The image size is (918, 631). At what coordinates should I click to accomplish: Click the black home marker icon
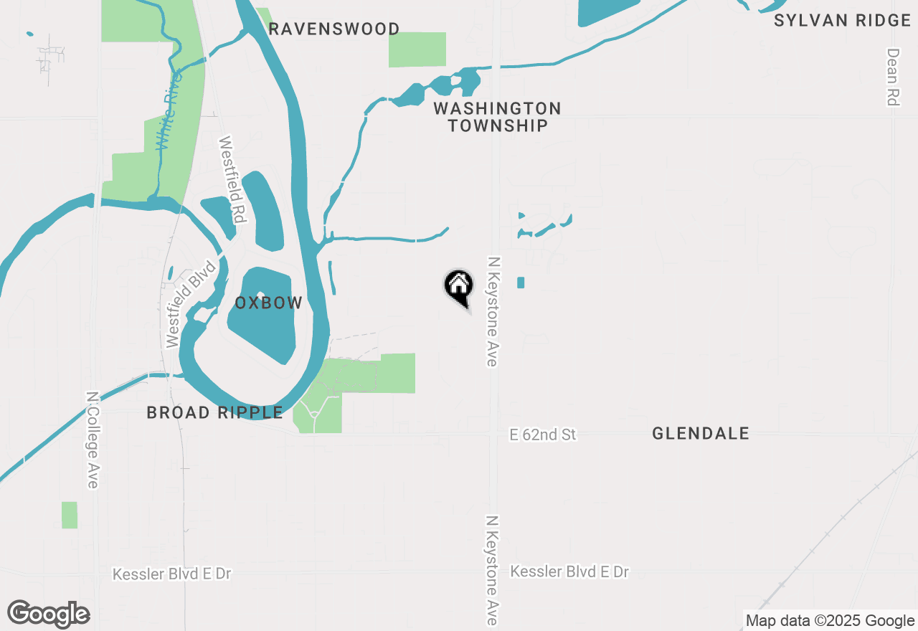coord(459,286)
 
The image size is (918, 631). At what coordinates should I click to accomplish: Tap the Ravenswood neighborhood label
coord(334,29)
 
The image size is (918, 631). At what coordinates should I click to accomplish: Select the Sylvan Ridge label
coord(842,20)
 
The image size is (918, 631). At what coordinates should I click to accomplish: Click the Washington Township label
coord(497,117)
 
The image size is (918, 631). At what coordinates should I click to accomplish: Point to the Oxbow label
coord(269,303)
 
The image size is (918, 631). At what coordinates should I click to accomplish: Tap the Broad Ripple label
coord(215,412)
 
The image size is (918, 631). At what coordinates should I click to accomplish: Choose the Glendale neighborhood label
coord(701,433)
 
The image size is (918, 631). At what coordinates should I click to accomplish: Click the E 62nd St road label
coord(543,435)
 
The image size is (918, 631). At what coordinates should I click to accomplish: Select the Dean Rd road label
coord(893,77)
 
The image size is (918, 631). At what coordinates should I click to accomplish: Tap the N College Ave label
coord(93,440)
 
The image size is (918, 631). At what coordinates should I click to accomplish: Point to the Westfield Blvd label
coord(189,305)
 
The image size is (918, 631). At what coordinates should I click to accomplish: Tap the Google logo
coord(49,614)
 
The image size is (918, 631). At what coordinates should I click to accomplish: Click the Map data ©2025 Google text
coord(830,621)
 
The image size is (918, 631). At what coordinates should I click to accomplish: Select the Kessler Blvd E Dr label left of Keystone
coord(172,574)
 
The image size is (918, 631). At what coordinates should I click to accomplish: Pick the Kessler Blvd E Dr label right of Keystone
coord(569,571)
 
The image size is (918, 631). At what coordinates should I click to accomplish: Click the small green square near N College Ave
coord(69,515)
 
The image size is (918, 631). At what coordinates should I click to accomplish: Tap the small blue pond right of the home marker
coord(521,283)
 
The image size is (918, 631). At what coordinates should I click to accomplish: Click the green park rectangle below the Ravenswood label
coord(417,49)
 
